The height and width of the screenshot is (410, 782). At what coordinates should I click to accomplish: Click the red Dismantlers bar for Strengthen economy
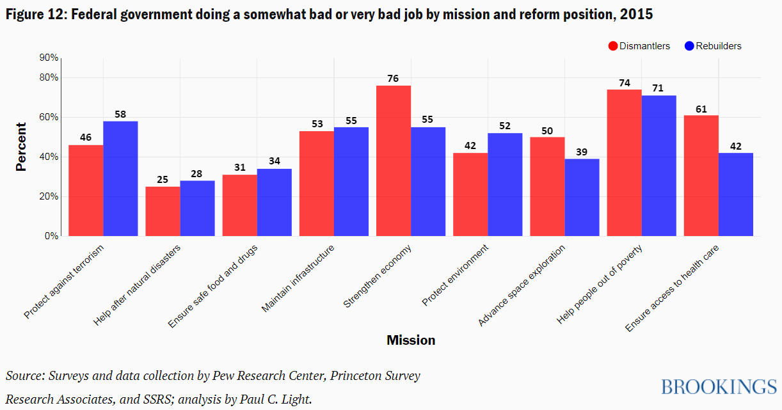(x=394, y=161)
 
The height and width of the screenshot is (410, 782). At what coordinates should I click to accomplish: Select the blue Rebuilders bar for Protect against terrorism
(x=120, y=178)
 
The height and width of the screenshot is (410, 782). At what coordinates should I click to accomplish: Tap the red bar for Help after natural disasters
(x=163, y=211)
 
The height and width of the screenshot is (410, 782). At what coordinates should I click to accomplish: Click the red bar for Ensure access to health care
(x=701, y=175)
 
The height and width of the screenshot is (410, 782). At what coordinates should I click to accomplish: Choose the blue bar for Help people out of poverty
(x=659, y=166)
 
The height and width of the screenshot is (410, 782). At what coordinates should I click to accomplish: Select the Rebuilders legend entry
(x=713, y=46)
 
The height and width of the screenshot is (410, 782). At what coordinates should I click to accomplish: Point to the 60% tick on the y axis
(x=49, y=118)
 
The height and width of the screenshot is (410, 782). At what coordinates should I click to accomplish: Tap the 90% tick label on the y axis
(x=49, y=58)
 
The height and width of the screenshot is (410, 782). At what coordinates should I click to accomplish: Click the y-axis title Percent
(x=21, y=146)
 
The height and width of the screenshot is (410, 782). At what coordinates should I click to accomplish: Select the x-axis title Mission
(x=411, y=340)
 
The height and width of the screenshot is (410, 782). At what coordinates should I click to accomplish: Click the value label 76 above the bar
(x=393, y=79)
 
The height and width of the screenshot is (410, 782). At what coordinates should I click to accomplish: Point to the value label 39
(x=582, y=152)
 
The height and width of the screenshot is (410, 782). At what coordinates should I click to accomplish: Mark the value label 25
(x=163, y=179)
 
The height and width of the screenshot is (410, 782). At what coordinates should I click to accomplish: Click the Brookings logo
(x=718, y=387)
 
